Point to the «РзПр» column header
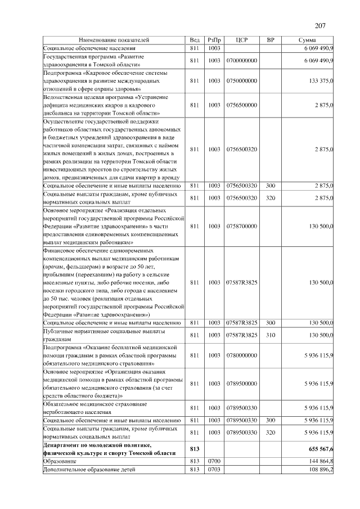[x=214, y=40]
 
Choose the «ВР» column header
[x=270, y=40]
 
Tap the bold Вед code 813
[x=195, y=449]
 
